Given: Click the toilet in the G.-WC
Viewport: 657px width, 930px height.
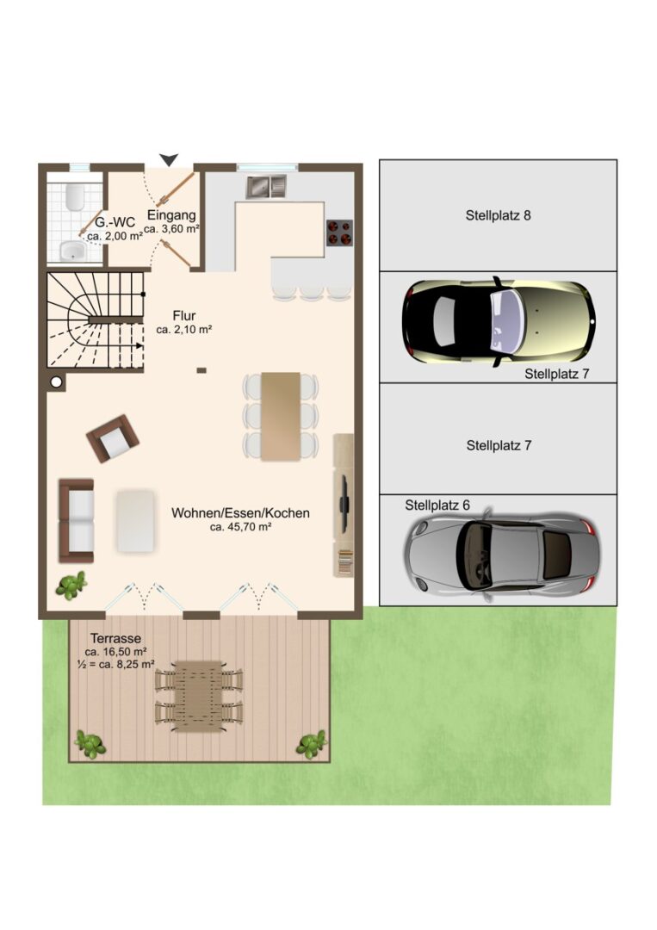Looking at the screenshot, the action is (x=75, y=196).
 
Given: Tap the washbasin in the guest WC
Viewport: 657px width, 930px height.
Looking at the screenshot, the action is (x=73, y=251).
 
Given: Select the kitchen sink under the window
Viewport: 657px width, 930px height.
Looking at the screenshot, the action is (x=266, y=187).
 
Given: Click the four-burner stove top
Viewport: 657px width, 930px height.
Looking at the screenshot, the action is (x=339, y=232).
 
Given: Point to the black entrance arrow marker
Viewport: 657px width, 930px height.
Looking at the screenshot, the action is (x=169, y=159).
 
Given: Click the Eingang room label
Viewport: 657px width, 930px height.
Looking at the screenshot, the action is (x=171, y=214).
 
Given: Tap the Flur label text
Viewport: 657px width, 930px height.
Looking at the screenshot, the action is (x=184, y=315).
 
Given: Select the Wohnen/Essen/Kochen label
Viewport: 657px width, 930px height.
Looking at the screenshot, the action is (x=241, y=513).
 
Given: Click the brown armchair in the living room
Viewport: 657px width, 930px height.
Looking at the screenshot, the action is (x=113, y=438).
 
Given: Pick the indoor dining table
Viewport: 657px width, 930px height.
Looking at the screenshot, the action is (x=281, y=417).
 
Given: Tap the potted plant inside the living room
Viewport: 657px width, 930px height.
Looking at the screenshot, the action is (x=71, y=586).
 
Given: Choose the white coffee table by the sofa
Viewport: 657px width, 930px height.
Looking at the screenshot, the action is (x=136, y=520).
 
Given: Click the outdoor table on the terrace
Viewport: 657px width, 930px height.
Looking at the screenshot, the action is (x=199, y=697).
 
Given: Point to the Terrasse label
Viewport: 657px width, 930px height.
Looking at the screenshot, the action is (x=115, y=638).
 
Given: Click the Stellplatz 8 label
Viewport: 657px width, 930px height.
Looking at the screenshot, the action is (x=498, y=215).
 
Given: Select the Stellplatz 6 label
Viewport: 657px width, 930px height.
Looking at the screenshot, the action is (x=437, y=505).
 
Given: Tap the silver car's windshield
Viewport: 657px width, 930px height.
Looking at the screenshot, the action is (x=476, y=552).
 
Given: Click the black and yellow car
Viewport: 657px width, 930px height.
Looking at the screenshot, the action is (x=499, y=321).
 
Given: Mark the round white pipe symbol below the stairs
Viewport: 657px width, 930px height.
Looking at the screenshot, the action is (x=56, y=382).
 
